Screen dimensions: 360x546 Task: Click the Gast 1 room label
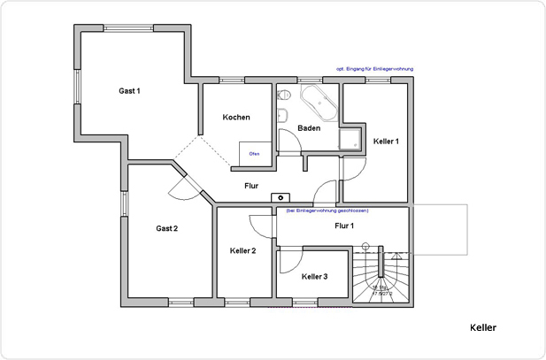tap(130, 91)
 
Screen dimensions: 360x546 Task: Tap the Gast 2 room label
tap(167, 228)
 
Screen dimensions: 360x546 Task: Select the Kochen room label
tap(236, 118)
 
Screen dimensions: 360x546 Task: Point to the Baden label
tap(309, 128)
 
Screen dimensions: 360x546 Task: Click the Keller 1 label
tap(386, 142)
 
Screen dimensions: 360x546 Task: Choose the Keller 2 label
tap(242, 251)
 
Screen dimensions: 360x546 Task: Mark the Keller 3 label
tap(314, 277)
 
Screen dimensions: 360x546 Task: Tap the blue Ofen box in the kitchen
tap(254, 153)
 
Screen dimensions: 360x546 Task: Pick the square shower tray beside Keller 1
tap(352, 136)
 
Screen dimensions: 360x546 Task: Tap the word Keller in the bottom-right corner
tap(483, 327)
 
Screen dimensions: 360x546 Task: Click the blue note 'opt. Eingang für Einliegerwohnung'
tap(374, 69)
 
